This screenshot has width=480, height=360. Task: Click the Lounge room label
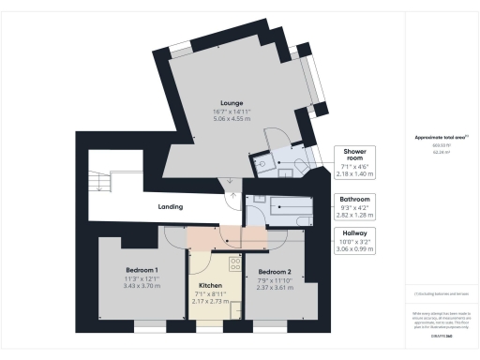[x=232, y=102]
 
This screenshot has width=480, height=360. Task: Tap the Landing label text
[x=170, y=206]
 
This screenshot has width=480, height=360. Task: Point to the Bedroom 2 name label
[x=276, y=270]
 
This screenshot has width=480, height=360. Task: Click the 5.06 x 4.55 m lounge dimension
[x=232, y=120]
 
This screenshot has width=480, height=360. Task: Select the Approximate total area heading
[x=438, y=138]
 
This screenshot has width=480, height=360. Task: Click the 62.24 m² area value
[x=438, y=152]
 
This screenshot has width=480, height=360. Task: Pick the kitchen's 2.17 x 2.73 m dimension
[x=210, y=302]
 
